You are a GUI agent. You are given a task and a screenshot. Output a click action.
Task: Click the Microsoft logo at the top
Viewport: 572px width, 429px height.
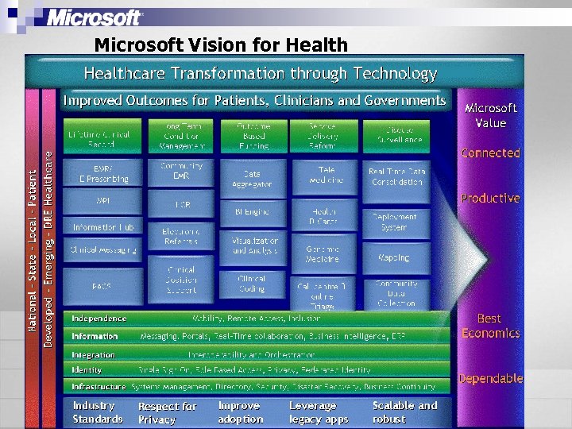(95, 17)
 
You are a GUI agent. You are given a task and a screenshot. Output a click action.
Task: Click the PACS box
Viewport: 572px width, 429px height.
(102, 285)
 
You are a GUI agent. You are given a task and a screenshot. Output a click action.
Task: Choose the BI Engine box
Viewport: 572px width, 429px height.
(252, 212)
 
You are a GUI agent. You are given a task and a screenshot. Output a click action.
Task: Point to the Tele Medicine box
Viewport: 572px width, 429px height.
(326, 175)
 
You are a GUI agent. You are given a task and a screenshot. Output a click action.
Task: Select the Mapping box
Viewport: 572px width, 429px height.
(395, 257)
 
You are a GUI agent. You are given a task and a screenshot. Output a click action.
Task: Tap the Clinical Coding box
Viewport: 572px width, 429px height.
(252, 284)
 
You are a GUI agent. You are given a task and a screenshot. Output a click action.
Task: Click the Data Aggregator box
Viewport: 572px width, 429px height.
(252, 178)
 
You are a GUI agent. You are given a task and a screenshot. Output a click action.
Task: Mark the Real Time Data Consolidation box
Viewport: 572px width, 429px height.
(395, 176)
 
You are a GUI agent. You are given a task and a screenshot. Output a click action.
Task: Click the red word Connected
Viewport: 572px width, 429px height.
(490, 153)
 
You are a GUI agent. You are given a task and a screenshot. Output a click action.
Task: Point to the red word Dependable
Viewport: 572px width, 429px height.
(490, 378)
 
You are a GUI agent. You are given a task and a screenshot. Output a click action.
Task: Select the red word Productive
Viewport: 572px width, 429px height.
(490, 198)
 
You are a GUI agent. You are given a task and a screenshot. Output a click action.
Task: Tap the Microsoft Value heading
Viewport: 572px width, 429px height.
(490, 115)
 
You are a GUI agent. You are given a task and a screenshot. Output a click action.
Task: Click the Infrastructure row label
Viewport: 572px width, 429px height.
(99, 386)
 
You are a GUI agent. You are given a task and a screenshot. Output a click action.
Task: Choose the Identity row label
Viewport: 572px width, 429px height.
(87, 370)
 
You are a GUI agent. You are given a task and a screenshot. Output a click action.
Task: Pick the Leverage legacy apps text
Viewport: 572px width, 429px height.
(319, 412)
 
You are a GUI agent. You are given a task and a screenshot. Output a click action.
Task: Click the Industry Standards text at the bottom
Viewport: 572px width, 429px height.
(98, 412)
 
